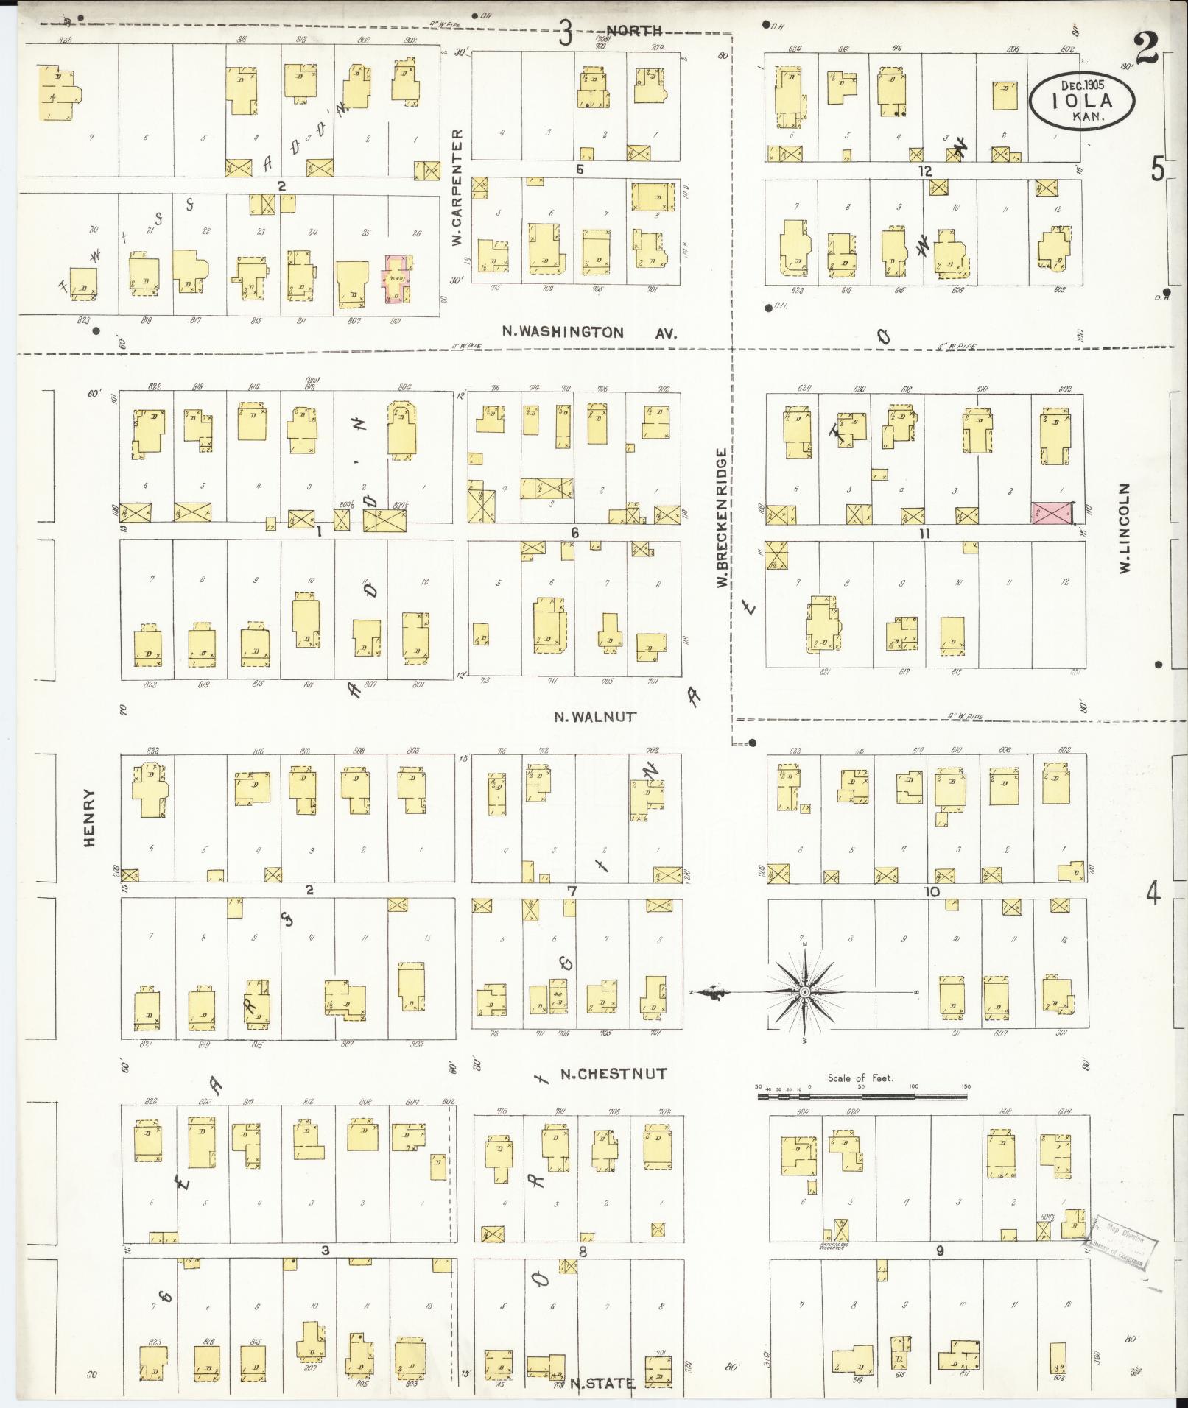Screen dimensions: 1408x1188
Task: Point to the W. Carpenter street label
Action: [x=457, y=188]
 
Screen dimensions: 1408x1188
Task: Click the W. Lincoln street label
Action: [x=1125, y=528]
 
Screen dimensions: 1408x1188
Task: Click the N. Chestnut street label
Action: [x=613, y=1074]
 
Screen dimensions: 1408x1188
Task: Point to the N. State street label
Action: [x=602, y=1384]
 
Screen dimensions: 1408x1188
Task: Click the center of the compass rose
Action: [x=805, y=993]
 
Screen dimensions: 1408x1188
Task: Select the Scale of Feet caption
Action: [x=860, y=1078]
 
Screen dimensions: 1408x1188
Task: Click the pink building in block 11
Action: [x=1052, y=514]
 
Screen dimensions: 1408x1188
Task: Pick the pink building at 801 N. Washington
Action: [x=396, y=279]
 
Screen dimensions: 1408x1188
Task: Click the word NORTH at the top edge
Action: [x=634, y=31]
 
